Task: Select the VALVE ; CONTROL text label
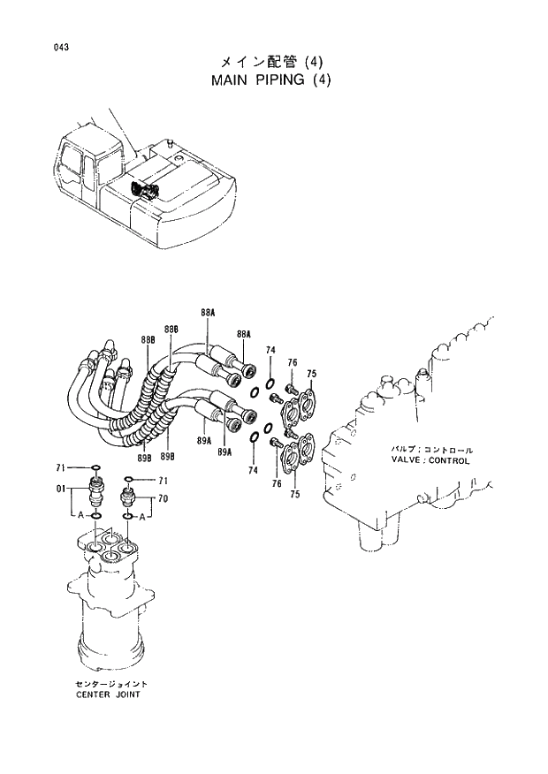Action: point(430,460)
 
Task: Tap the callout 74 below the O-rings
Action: point(254,471)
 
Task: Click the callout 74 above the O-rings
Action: point(270,351)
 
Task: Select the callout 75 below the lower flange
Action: point(295,494)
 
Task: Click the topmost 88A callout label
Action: point(208,313)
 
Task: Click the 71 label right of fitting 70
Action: point(162,481)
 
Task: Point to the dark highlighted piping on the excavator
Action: point(141,189)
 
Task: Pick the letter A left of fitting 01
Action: point(80,514)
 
